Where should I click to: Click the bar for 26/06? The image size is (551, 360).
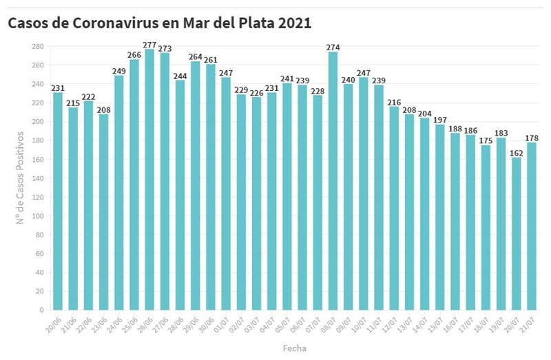pyautogui.click(x=149, y=179)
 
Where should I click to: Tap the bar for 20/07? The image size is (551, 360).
pyautogui.click(x=516, y=233)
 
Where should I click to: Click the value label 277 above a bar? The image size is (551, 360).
pyautogui.click(x=149, y=44)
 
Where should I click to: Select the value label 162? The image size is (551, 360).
pyautogui.click(x=516, y=152)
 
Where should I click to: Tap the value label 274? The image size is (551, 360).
pyautogui.click(x=333, y=47)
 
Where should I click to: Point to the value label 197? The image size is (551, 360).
pyautogui.click(x=439, y=119)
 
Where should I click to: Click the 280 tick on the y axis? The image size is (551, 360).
pyautogui.click(x=38, y=46)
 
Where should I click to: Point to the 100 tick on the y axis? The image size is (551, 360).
pyautogui.click(x=38, y=215)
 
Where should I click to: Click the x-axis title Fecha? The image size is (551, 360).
pyautogui.click(x=294, y=348)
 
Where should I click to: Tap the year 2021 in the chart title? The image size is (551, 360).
pyautogui.click(x=294, y=23)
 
